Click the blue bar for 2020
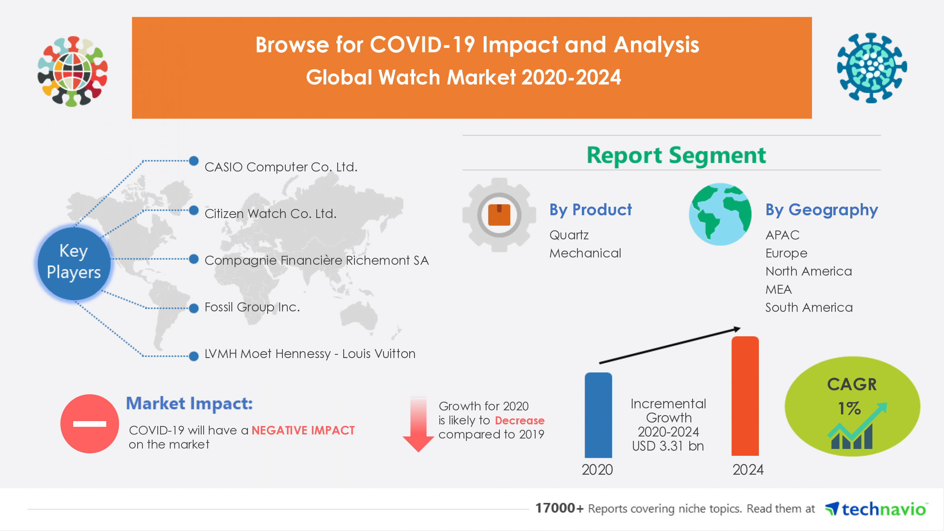(x=598, y=415)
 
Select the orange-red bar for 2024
(x=745, y=396)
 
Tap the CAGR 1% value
(x=849, y=408)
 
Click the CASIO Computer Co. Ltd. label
(x=281, y=167)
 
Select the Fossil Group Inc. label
(x=252, y=307)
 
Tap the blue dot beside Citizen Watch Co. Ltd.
(x=194, y=210)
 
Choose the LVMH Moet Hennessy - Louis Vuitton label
(x=310, y=354)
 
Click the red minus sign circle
(x=89, y=424)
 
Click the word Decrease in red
(x=519, y=420)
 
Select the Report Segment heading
(x=676, y=155)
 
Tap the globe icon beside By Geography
(x=720, y=214)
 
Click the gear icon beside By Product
(x=499, y=215)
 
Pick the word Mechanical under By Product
(x=585, y=253)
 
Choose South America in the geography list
(x=809, y=308)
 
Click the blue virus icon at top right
(x=872, y=68)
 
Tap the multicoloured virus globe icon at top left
(x=73, y=71)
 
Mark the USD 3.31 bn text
(x=668, y=446)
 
